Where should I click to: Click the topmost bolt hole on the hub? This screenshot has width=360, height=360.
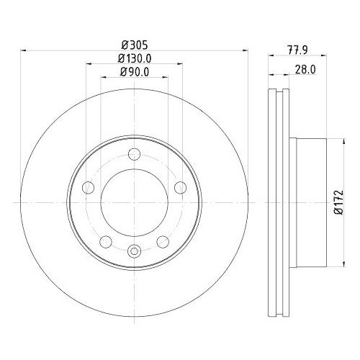(134, 153)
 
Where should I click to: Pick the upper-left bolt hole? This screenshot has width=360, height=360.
(89, 187)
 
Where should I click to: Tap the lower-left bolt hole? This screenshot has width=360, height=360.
(106, 241)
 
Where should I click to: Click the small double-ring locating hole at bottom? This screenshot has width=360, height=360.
(134, 251)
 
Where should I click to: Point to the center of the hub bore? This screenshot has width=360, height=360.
(134, 202)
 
